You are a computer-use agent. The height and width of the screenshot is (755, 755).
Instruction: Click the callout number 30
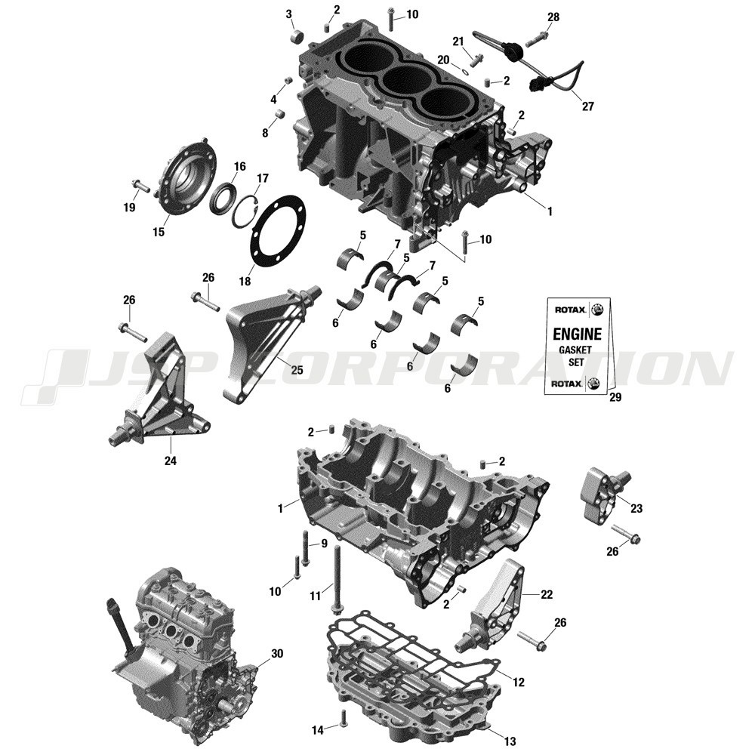click(277, 654)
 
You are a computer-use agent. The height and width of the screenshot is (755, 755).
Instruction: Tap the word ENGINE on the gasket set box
click(578, 334)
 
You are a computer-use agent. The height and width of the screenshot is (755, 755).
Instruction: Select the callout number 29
click(615, 398)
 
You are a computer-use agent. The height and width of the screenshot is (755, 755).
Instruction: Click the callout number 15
click(159, 232)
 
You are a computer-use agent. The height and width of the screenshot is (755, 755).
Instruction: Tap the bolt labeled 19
click(140, 184)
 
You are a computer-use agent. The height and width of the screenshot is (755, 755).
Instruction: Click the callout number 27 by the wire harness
click(587, 106)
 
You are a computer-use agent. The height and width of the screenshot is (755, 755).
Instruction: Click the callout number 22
click(547, 595)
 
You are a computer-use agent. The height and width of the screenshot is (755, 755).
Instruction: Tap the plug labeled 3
click(296, 35)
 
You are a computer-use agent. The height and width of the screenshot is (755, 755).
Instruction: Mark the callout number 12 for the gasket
click(517, 683)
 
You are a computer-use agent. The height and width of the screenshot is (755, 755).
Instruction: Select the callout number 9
click(324, 543)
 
